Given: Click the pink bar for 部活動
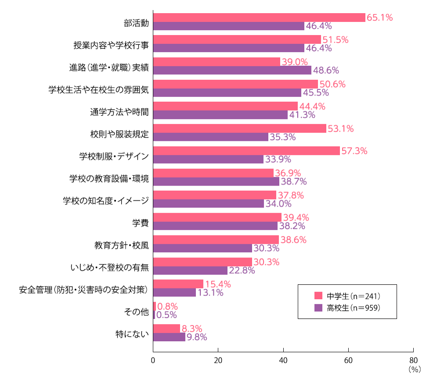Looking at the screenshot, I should (259, 18).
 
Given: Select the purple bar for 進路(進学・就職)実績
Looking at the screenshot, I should (232, 70).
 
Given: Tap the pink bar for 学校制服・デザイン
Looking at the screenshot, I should (246, 151).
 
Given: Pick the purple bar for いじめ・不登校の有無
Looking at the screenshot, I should (190, 270).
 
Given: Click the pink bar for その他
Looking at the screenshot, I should (155, 306).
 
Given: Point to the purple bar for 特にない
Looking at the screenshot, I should (169, 337).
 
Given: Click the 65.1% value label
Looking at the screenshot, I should (379, 18).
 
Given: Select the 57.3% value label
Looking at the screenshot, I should (354, 151).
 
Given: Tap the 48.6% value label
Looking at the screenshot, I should (326, 70).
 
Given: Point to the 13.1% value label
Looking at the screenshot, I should (210, 293).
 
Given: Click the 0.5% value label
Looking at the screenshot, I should (166, 315).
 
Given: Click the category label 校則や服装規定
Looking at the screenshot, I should (119, 133).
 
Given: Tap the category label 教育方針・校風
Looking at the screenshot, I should (121, 244).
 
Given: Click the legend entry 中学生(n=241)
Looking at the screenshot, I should (352, 295).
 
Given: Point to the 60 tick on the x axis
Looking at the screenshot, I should (348, 361).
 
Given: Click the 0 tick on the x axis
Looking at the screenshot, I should (153, 361).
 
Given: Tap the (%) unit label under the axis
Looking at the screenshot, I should (414, 369).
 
